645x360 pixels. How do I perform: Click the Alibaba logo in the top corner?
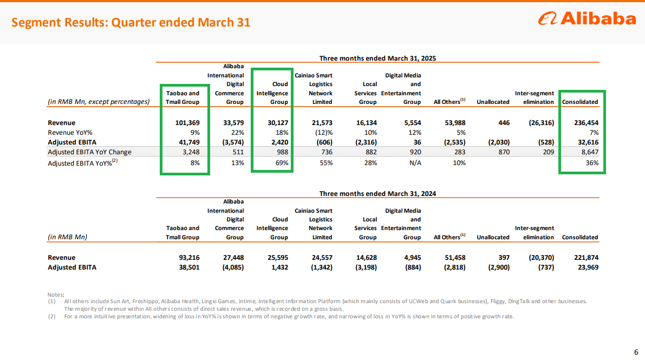tap(587, 18)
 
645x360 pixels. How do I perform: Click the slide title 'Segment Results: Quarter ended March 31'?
tap(131, 22)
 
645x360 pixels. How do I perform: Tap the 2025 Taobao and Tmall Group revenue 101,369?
tap(187, 122)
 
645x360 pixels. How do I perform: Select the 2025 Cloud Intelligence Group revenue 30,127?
tap(276, 122)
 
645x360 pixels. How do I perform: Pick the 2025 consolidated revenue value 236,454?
tap(586, 122)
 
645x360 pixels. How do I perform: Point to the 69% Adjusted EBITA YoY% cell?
tap(282, 163)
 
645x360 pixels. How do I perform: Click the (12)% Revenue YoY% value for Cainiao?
tap(324, 133)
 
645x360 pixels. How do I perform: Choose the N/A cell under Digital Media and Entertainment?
tap(415, 163)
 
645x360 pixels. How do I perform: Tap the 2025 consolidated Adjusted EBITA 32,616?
tap(588, 142)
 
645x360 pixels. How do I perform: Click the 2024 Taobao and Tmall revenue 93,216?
tap(189, 258)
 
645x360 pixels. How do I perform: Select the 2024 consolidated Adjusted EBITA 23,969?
tap(588, 267)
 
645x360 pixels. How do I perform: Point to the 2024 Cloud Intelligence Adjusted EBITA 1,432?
tap(280, 267)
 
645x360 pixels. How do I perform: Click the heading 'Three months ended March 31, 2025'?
tap(377, 58)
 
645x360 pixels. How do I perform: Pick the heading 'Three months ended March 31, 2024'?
tap(377, 194)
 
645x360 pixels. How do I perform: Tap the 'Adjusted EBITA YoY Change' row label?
tap(90, 152)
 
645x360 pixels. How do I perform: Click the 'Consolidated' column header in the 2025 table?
tap(580, 102)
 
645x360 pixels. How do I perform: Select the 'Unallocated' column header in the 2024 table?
tap(493, 238)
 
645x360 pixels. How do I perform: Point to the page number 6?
tap(636, 352)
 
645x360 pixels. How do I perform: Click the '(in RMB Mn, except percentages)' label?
tap(99, 102)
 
